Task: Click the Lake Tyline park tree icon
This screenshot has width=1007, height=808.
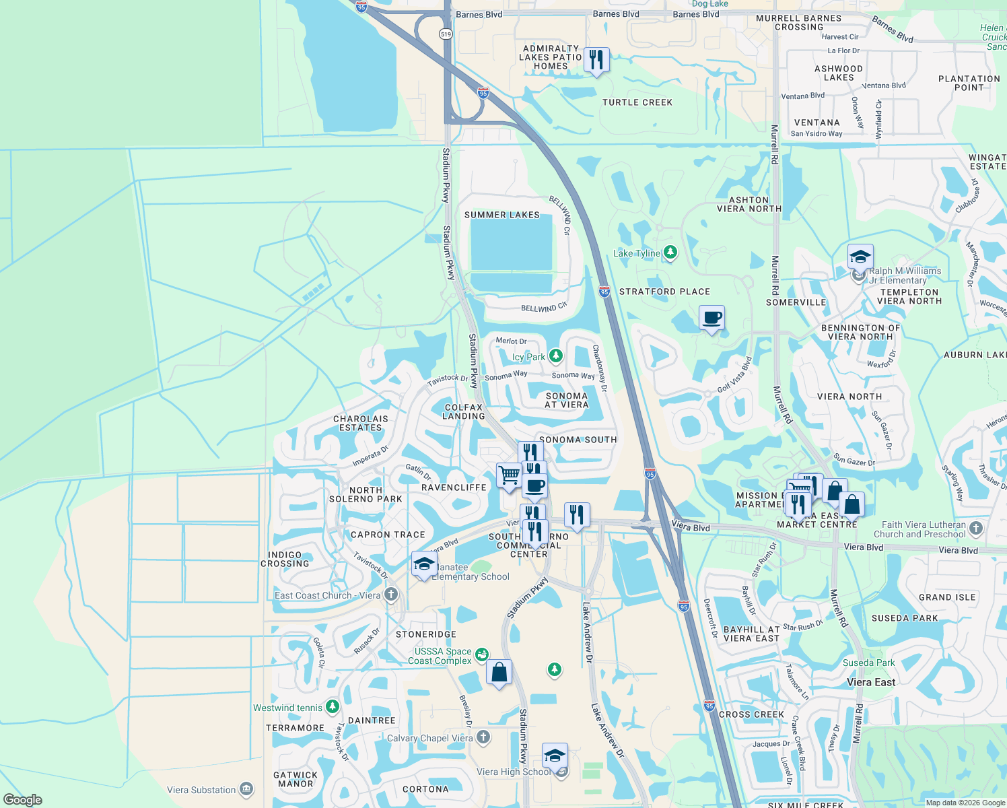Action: tap(670, 253)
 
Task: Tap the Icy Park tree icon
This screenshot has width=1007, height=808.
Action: tap(555, 356)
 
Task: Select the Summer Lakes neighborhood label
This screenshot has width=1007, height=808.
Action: tap(502, 215)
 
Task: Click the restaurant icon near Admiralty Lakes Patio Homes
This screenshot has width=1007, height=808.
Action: tap(596, 61)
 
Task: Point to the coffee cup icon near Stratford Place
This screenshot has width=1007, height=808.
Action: tap(711, 318)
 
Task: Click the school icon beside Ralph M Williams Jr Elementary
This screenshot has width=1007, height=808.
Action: tap(860, 257)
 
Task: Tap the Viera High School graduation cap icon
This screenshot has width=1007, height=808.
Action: tap(555, 756)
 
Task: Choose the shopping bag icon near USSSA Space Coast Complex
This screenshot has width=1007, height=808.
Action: tap(499, 673)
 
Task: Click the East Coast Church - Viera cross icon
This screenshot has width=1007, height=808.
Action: tap(391, 595)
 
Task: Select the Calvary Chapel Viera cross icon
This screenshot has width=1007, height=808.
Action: tap(483, 738)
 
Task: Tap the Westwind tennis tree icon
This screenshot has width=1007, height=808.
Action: tap(332, 707)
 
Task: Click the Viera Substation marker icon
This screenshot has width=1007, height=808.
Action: tap(246, 789)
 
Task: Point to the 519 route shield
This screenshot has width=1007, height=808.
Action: tap(446, 34)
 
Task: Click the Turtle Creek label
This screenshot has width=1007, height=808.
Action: tap(637, 102)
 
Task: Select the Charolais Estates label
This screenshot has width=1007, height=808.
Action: tap(361, 423)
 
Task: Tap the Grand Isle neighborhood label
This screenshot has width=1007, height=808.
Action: tap(947, 597)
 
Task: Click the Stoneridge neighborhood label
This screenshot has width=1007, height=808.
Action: tap(426, 634)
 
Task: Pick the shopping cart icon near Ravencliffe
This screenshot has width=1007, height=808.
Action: tap(510, 475)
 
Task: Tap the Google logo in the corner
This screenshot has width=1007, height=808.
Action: tap(22, 799)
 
